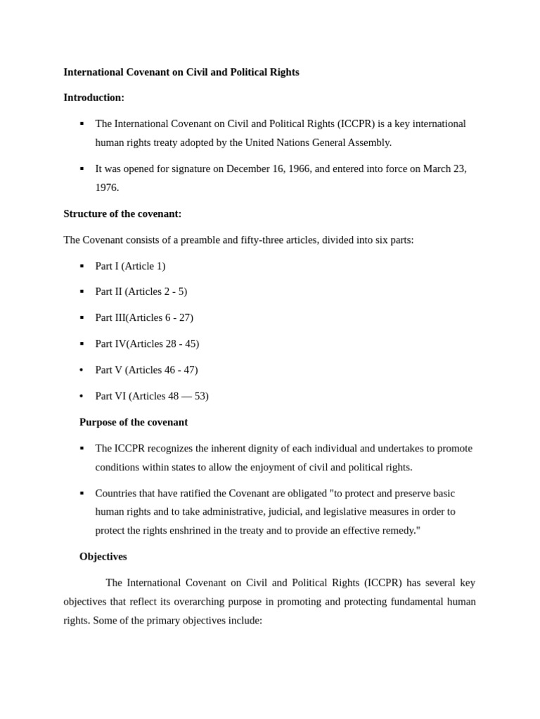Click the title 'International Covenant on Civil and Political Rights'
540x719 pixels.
(181, 72)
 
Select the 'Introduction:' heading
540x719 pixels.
(94, 98)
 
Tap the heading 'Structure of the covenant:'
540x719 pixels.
(122, 213)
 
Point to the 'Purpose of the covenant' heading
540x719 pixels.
(134, 422)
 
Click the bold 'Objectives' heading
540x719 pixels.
(103, 556)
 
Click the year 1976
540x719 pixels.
(107, 187)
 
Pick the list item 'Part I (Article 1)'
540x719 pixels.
(130, 266)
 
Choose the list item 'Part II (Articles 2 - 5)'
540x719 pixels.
(141, 291)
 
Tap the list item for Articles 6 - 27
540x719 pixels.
(144, 317)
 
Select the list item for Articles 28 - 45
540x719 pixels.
(147, 343)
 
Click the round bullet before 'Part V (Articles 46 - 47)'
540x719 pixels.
(82, 370)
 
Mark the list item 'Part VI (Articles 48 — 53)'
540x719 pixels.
(152, 396)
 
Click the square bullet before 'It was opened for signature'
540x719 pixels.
(82, 169)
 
